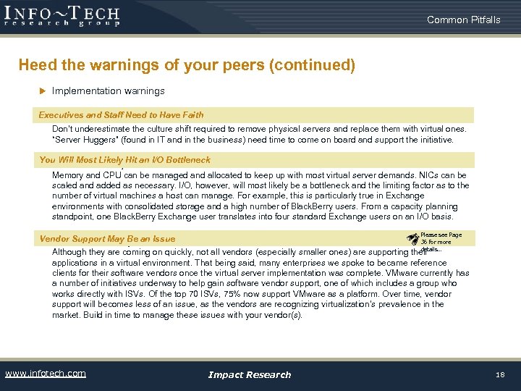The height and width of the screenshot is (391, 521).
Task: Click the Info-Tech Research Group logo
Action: pos(62,16)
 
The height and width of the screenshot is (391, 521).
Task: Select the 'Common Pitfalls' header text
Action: pos(463,20)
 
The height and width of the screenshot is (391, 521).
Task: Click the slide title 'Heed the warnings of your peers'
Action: pos(187,65)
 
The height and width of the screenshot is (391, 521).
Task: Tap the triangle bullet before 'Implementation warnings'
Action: pos(42,91)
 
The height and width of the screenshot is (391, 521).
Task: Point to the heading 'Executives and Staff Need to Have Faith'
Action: pos(121,115)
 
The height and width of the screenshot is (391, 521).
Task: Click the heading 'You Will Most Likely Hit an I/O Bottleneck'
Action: pos(124,160)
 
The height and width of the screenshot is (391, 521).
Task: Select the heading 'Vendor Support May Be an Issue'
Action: pos(107,239)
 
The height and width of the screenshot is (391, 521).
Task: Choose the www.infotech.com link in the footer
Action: pos(45,374)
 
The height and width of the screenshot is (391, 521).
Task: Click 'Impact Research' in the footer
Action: pos(249,374)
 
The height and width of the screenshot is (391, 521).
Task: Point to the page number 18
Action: pos(500,374)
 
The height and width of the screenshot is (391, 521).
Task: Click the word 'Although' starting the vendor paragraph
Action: pos(70,253)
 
